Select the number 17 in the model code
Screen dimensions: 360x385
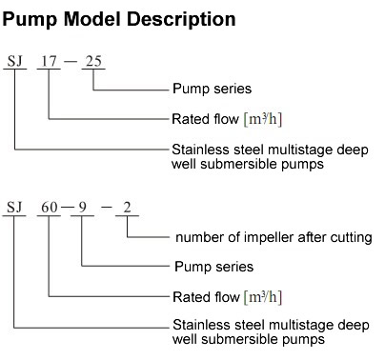pos(49,62)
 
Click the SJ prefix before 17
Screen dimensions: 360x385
pos(14,62)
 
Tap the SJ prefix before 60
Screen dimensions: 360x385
pos(14,207)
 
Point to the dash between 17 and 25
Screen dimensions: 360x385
pos(71,62)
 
